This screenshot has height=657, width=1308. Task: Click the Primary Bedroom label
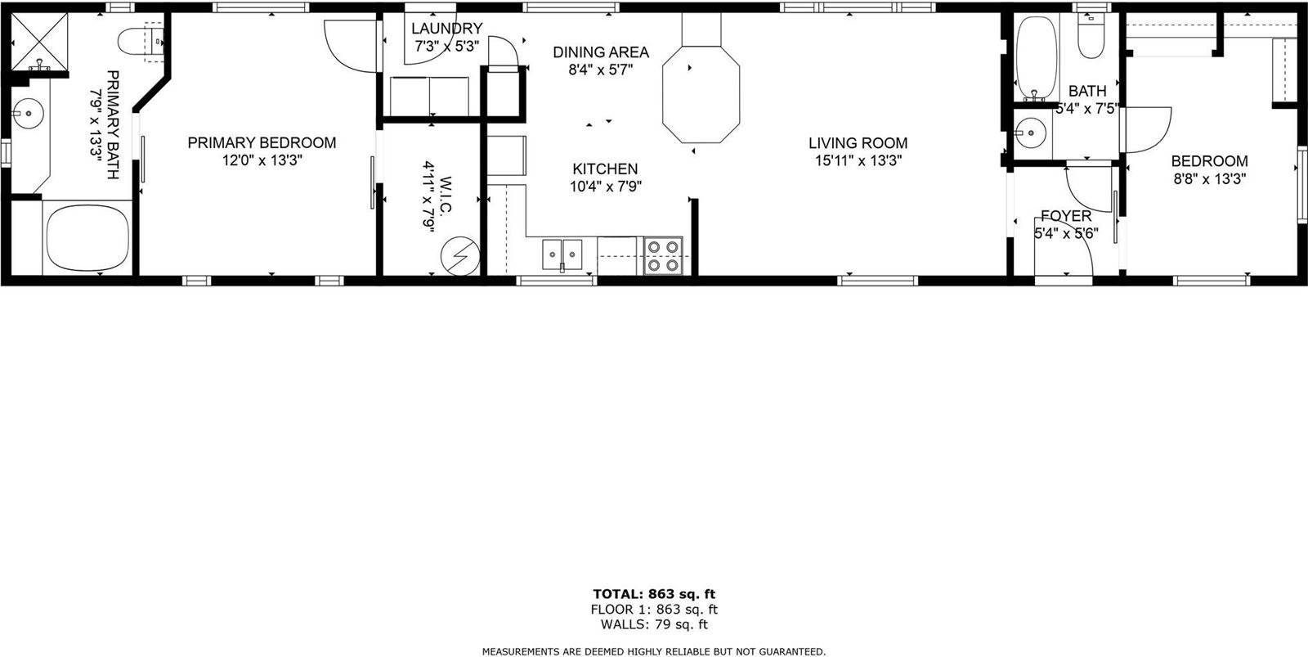click(262, 142)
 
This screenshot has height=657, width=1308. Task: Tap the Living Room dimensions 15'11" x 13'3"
click(858, 161)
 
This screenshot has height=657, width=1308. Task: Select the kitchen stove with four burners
click(663, 255)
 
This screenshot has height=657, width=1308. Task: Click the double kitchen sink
click(562, 255)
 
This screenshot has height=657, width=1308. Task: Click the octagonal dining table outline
click(701, 92)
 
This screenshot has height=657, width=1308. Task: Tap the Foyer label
click(1065, 216)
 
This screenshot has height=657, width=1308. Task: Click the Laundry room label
click(446, 29)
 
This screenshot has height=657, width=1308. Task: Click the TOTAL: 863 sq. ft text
click(654, 594)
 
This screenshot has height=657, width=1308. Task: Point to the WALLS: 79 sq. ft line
click(654, 625)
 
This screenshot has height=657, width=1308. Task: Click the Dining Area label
click(601, 52)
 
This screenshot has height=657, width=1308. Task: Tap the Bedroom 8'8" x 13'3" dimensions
click(1209, 179)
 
